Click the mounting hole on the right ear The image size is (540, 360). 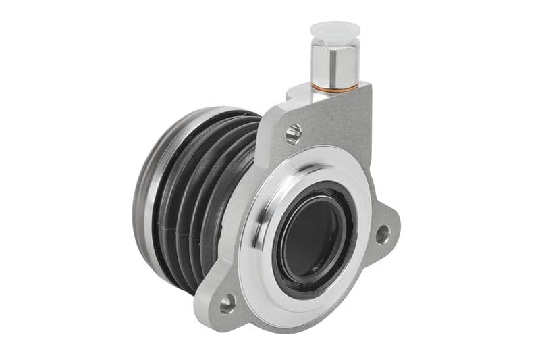383,234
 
